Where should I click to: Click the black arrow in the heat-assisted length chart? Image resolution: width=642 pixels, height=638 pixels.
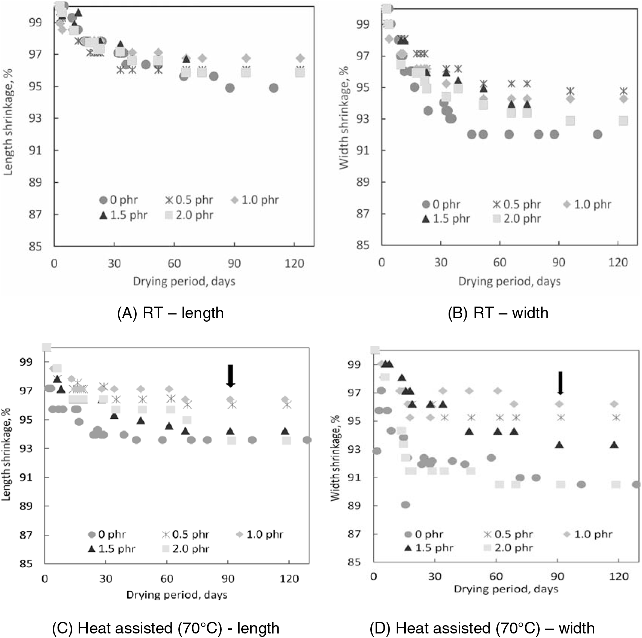click(231, 375)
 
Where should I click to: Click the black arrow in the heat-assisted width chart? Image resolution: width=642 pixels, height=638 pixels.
click(560, 383)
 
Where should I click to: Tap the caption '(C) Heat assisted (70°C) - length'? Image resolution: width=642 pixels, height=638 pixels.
click(166, 628)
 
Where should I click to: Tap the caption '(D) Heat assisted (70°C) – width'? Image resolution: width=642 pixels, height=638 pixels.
click(482, 628)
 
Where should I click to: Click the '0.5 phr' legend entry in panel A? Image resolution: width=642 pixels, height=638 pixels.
click(189, 200)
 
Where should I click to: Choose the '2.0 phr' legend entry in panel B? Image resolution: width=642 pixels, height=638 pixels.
click(517, 219)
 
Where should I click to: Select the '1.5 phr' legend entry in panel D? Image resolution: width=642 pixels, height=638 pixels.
click(429, 548)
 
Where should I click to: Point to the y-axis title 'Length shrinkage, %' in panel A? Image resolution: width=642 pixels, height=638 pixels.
click(8, 122)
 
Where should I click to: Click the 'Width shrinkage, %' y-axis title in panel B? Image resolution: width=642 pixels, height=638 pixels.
click(344, 118)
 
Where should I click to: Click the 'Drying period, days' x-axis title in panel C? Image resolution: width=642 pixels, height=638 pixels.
click(177, 595)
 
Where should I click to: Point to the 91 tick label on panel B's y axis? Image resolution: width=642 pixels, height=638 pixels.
click(363, 151)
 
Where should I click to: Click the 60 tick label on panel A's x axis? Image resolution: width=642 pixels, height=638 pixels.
click(174, 263)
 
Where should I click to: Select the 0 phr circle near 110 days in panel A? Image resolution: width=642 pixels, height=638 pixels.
click(274, 88)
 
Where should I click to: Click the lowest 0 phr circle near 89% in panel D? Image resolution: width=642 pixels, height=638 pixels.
click(405, 505)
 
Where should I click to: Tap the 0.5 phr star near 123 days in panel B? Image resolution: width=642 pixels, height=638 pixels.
click(624, 91)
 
